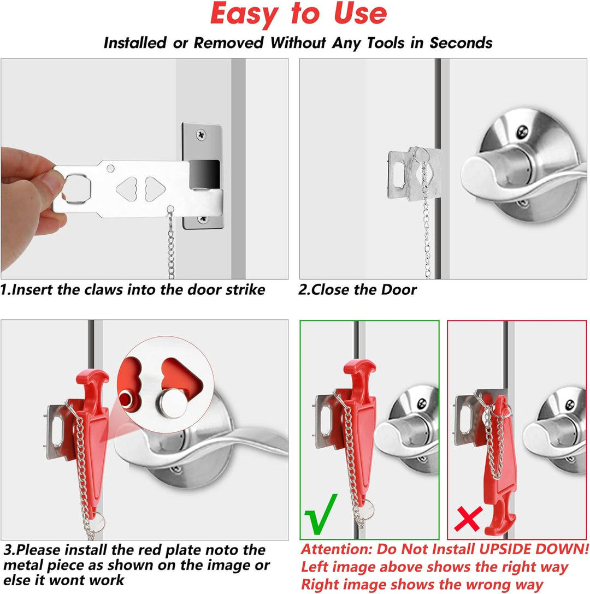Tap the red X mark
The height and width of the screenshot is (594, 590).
tap(468, 519)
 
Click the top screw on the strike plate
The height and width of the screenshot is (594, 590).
tap(201, 134)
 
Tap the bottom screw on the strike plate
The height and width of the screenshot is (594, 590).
tap(203, 219)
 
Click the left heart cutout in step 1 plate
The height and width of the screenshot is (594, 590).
tap(127, 189)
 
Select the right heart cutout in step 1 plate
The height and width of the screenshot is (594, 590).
tap(155, 189)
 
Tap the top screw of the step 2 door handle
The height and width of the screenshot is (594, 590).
tap(523, 131)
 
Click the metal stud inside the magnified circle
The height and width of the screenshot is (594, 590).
tap(173, 403)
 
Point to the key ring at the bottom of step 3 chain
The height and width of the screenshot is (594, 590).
tap(97, 522)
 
